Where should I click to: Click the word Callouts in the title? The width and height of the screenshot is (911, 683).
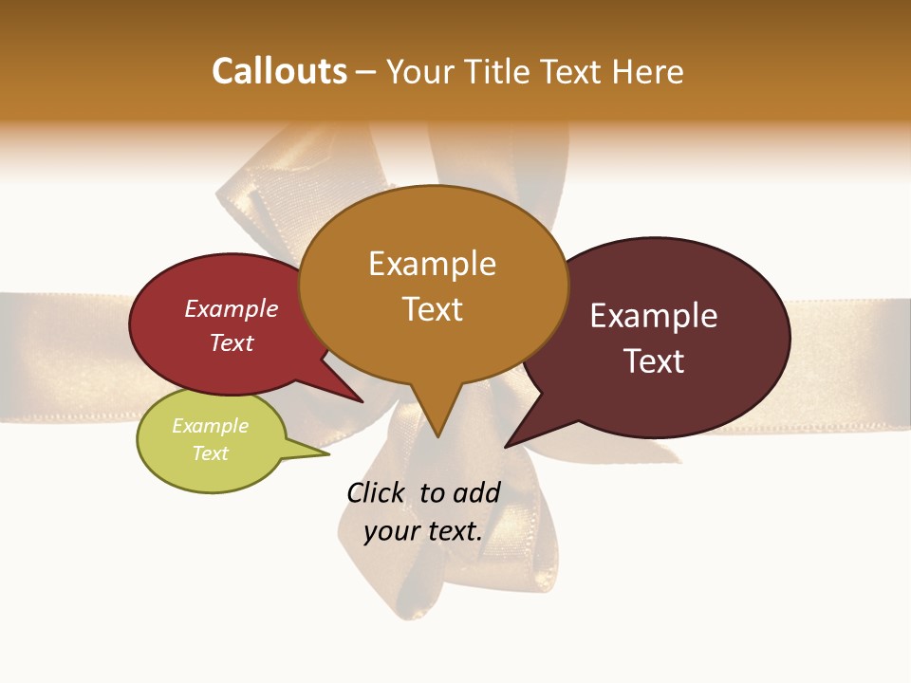279,71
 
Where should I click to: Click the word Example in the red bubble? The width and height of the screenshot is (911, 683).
231,308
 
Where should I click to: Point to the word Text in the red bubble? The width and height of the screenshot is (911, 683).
231,342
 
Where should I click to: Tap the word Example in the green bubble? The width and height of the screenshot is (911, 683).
210,426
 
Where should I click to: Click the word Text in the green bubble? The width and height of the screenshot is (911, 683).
210,453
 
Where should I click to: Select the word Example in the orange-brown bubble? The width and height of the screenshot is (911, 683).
432,264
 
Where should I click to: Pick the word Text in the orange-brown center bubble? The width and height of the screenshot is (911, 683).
432,309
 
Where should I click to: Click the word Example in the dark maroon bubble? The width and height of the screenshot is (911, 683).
654,316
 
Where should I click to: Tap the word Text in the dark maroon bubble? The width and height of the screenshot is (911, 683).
654,361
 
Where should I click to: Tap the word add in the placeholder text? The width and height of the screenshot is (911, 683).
476,492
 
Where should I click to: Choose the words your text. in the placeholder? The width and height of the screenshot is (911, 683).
422,531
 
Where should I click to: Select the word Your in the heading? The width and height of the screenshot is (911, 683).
421,71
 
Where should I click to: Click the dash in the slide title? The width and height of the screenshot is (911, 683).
366,72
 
